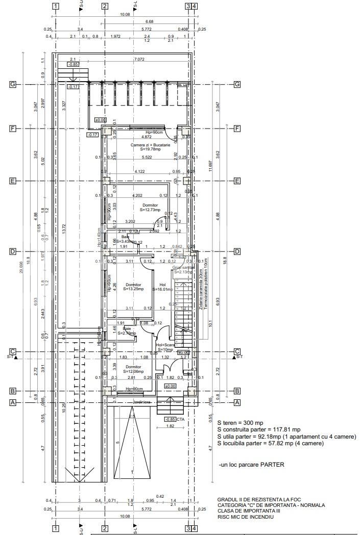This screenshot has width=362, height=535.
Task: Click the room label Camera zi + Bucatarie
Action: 150,145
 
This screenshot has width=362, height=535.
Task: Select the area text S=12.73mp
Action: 150,210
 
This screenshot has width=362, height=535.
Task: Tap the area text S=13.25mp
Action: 133,289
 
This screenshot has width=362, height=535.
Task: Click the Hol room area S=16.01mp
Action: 163,289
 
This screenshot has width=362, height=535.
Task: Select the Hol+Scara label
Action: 166,345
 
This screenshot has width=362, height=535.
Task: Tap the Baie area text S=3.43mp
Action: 126,241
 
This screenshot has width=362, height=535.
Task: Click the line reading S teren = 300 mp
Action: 241,423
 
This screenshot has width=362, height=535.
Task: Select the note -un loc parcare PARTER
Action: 251,465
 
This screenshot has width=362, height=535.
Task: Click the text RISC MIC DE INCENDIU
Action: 245,517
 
